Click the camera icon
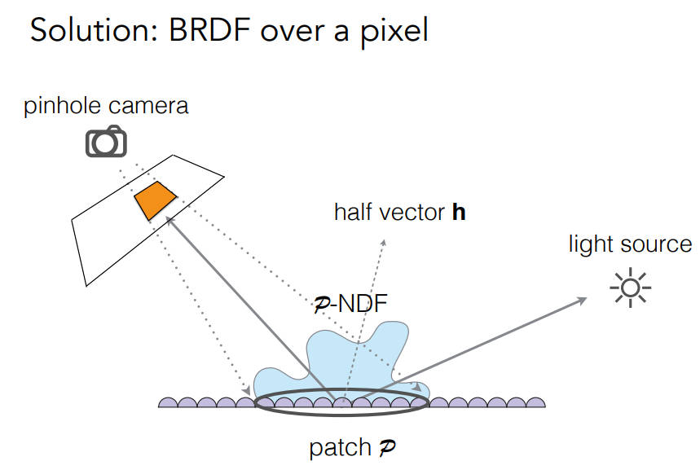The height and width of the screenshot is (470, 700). click(x=107, y=142)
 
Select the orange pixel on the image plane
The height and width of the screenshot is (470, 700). click(x=155, y=200)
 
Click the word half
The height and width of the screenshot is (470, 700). click(x=354, y=213)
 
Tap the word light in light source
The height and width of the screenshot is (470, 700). click(x=589, y=244)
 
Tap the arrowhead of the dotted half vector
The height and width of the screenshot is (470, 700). click(x=384, y=243)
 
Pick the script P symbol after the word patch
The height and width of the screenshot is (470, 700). click(x=385, y=448)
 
